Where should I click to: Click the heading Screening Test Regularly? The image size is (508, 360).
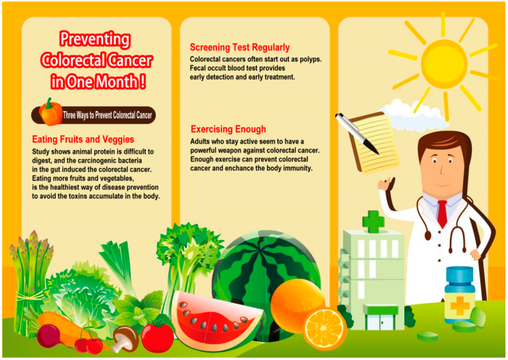tap(240, 48)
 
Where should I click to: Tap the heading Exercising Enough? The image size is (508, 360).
tap(228, 129)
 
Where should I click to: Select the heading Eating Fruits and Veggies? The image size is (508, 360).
tap(83, 139)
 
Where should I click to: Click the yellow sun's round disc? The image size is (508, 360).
tap(444, 64)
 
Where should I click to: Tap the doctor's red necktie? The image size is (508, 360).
tap(442, 214)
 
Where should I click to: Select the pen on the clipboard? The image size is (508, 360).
tap(356, 132)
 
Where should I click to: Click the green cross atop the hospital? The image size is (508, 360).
tap(373, 221)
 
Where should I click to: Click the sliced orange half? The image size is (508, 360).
tap(325, 329)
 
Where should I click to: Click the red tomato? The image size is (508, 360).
tap(157, 336)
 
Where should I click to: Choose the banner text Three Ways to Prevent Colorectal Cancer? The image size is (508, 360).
tap(107, 116)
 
